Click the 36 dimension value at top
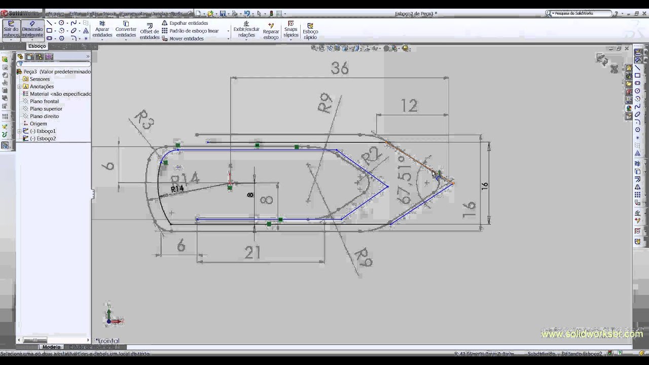(340, 68)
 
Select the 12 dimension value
(409, 105)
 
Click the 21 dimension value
(252, 252)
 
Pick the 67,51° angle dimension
(405, 180)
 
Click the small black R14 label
(177, 189)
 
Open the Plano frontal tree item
(44, 101)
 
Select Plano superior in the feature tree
(46, 109)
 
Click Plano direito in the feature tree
(44, 116)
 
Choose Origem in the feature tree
(38, 124)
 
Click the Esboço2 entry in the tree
(43, 138)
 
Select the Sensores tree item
(40, 79)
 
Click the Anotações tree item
(42, 87)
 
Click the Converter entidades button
(126, 29)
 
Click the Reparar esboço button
(271, 31)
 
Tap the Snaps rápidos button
(291, 29)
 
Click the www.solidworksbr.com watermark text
(592, 334)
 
